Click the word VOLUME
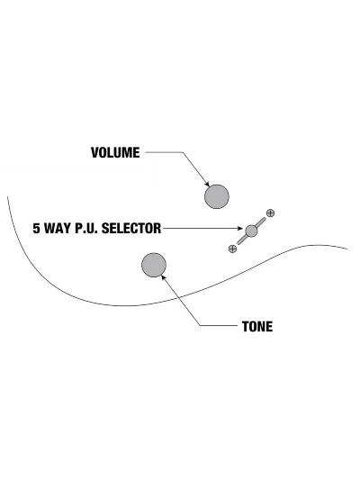click(115, 152)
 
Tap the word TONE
click(257, 327)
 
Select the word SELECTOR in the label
click(131, 229)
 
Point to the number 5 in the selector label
click(36, 229)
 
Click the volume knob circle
click(217, 196)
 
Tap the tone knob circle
click(154, 265)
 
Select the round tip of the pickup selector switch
click(251, 231)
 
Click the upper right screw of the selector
click(270, 213)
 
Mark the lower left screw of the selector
click(232, 249)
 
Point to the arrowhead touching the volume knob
click(207, 184)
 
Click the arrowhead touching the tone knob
click(163, 277)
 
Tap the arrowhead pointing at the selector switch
click(240, 229)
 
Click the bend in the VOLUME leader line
click(183, 152)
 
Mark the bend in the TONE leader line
click(201, 325)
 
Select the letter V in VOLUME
click(94, 152)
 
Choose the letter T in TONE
click(246, 327)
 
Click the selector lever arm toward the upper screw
click(260, 222)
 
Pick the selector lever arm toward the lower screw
click(242, 240)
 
